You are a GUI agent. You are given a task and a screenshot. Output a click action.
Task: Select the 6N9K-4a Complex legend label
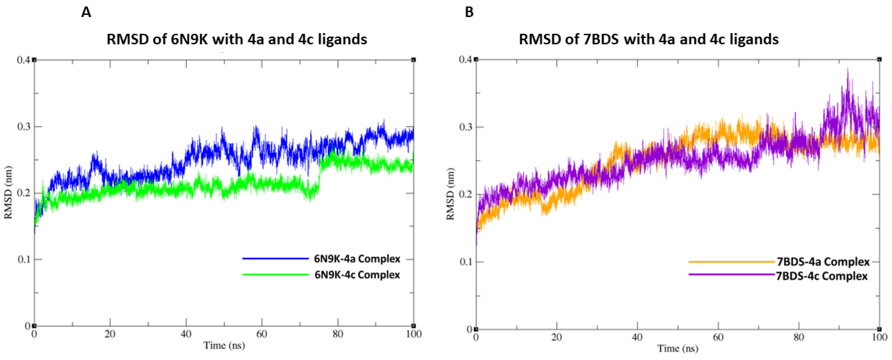click(x=357, y=259)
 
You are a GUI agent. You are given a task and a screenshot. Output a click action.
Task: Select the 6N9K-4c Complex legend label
click(x=357, y=275)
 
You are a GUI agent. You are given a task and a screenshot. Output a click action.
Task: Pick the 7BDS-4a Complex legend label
click(x=823, y=262)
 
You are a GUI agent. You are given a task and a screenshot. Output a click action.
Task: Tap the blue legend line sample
click(x=275, y=259)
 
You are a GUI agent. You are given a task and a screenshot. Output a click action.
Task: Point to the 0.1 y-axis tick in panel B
click(x=466, y=262)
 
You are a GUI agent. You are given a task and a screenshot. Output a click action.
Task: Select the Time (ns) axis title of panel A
click(x=224, y=345)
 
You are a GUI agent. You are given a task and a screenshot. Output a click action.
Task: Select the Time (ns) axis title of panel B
click(x=678, y=348)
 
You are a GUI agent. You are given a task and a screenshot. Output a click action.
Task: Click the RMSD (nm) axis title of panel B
click(x=450, y=194)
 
